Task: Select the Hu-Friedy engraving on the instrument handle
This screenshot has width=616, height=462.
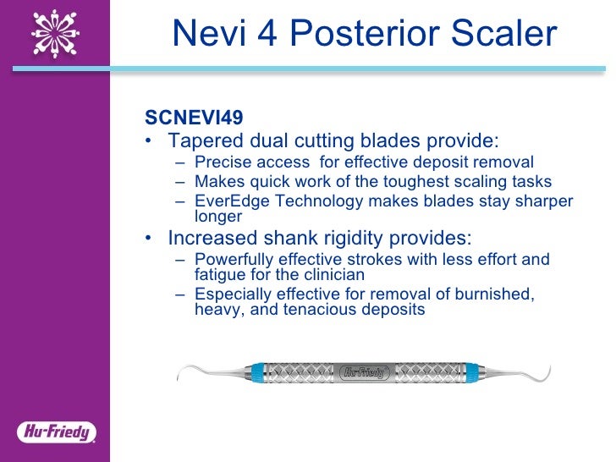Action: [x=365, y=371]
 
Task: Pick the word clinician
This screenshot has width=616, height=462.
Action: [x=331, y=274]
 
